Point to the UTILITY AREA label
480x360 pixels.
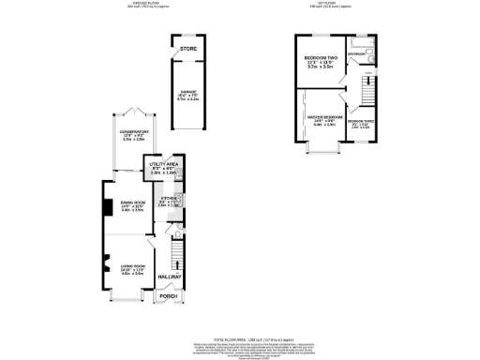click(x=164, y=163)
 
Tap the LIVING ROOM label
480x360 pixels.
click(x=132, y=268)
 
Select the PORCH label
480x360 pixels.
click(x=169, y=296)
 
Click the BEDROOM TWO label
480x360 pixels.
click(x=321, y=59)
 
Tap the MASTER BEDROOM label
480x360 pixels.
click(x=324, y=117)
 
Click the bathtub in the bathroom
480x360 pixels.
click(x=360, y=42)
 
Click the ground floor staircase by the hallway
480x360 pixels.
click(x=175, y=251)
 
